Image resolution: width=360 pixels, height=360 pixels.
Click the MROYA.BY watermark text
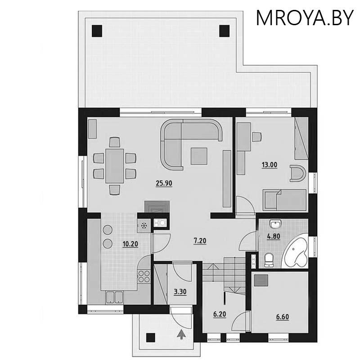[x=305, y=18]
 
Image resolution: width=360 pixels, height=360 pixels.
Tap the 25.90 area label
[x=164, y=183]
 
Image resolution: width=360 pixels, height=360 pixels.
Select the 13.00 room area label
[x=270, y=165]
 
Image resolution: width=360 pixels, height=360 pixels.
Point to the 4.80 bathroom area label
[x=274, y=236]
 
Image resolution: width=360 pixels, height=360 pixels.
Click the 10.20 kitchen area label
[x=130, y=244]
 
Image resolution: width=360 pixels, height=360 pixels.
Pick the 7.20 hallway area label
[x=200, y=241]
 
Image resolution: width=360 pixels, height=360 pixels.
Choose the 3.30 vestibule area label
[x=180, y=292]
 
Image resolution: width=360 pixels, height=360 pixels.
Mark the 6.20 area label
[x=220, y=314]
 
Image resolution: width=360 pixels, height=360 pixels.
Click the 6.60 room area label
[x=283, y=317]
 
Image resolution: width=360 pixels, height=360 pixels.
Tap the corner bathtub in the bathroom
[x=296, y=254]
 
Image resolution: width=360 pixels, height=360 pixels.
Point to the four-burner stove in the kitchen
[x=144, y=276]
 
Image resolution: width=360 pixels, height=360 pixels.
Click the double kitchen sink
[x=114, y=297]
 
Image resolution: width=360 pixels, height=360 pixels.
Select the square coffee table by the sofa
[x=199, y=156]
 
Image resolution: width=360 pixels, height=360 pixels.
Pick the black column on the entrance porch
[x=151, y=337]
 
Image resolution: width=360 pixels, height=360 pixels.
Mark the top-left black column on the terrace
[x=97, y=31]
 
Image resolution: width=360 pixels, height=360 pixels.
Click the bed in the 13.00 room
[x=284, y=200]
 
